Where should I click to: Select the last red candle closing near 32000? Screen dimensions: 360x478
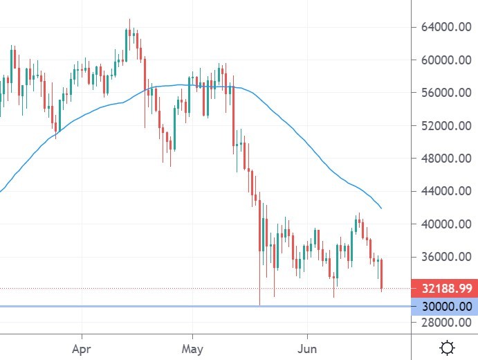382,273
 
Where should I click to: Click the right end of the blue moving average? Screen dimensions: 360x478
381,208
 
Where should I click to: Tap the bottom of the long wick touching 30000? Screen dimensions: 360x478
260,303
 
